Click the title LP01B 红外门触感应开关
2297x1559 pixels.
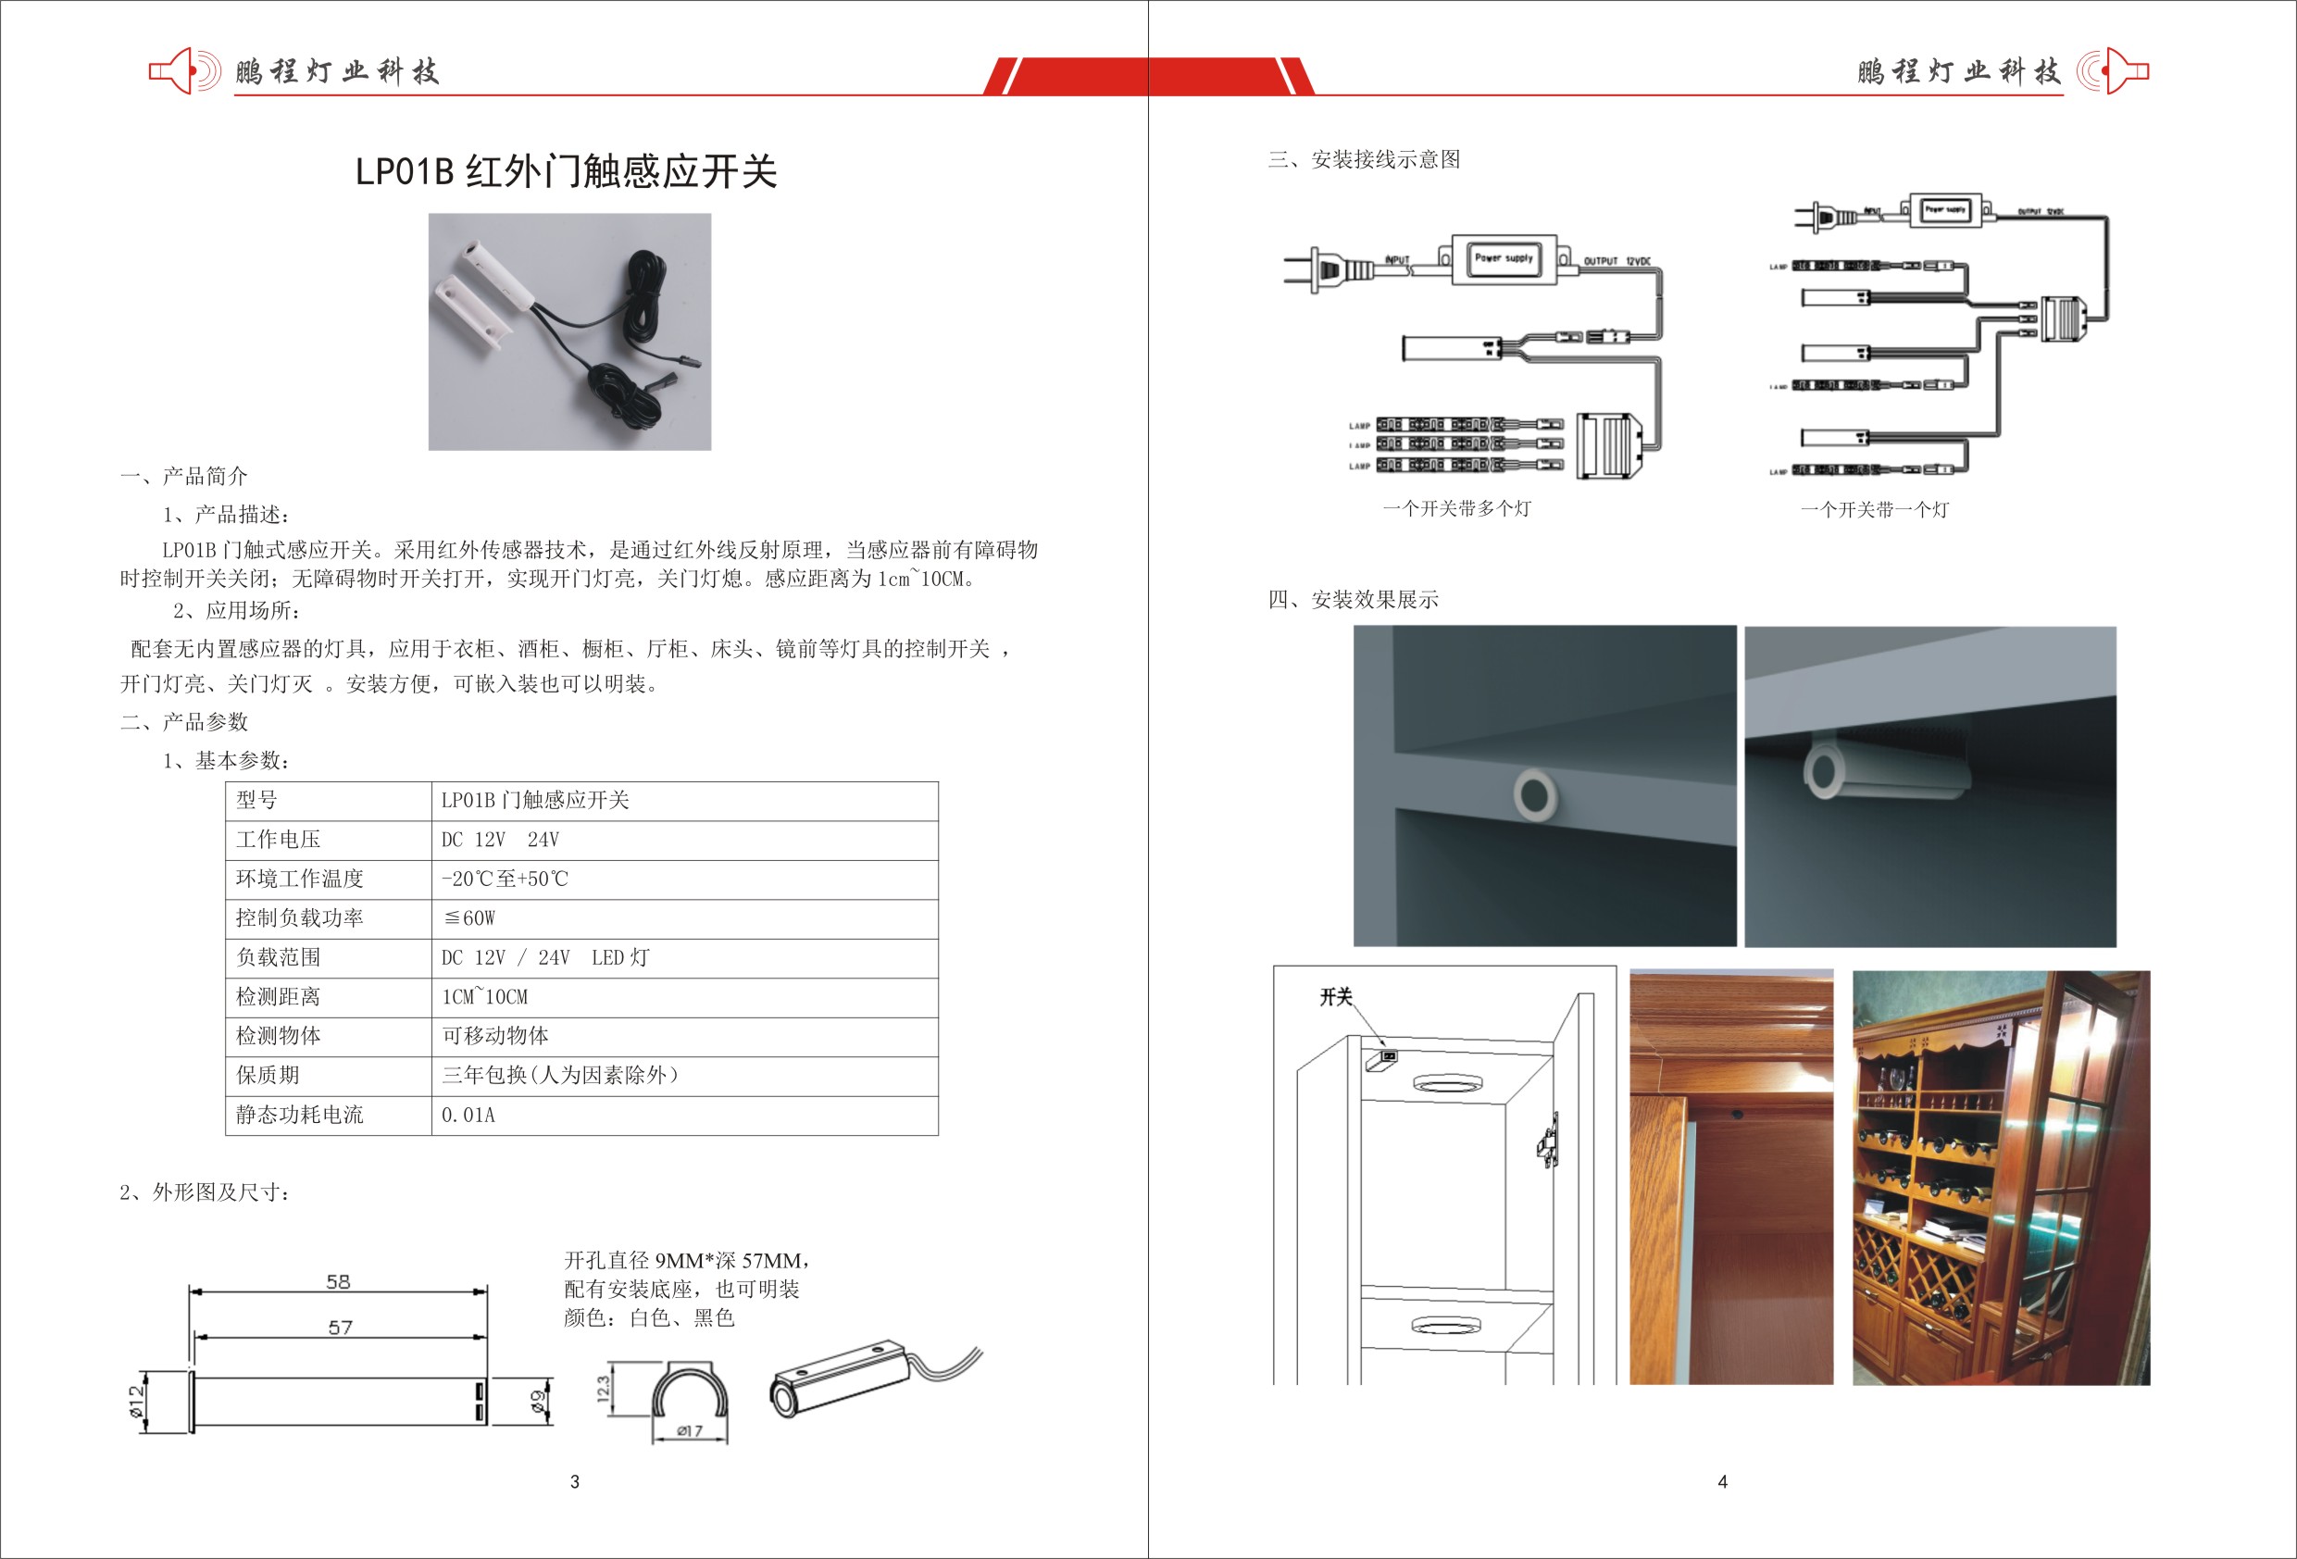point(567,172)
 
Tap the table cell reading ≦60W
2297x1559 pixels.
point(469,918)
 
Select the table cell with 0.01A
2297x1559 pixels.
point(468,1116)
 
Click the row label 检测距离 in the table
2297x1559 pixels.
point(278,996)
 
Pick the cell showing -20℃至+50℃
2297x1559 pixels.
point(506,879)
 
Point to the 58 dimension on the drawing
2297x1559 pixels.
point(338,1282)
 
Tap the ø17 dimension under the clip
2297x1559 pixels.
point(689,1430)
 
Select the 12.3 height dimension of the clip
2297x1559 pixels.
point(603,1389)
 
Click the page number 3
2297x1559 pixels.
point(574,1481)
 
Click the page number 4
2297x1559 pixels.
point(1722,1481)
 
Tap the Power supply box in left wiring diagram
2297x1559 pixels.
point(1504,258)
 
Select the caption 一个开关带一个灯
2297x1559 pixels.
point(1874,509)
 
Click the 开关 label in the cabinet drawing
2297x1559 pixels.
point(1335,996)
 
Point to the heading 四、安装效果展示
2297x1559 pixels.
point(1353,599)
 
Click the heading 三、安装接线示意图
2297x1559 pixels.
point(1364,159)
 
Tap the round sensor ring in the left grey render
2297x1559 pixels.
point(1535,792)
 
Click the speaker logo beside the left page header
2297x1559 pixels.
point(185,71)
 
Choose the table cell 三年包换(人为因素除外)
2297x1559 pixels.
point(560,1076)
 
